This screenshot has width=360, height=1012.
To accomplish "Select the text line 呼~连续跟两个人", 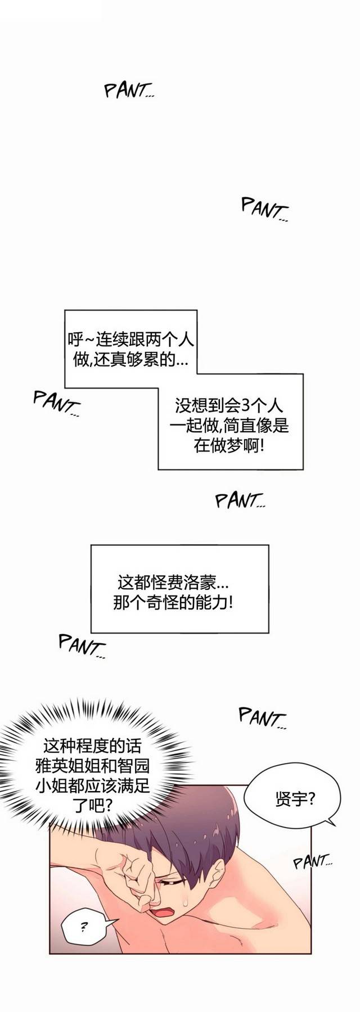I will (130, 339).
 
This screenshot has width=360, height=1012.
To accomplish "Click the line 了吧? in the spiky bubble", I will (93, 805).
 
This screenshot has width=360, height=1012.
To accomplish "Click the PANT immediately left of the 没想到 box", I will (56, 404).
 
